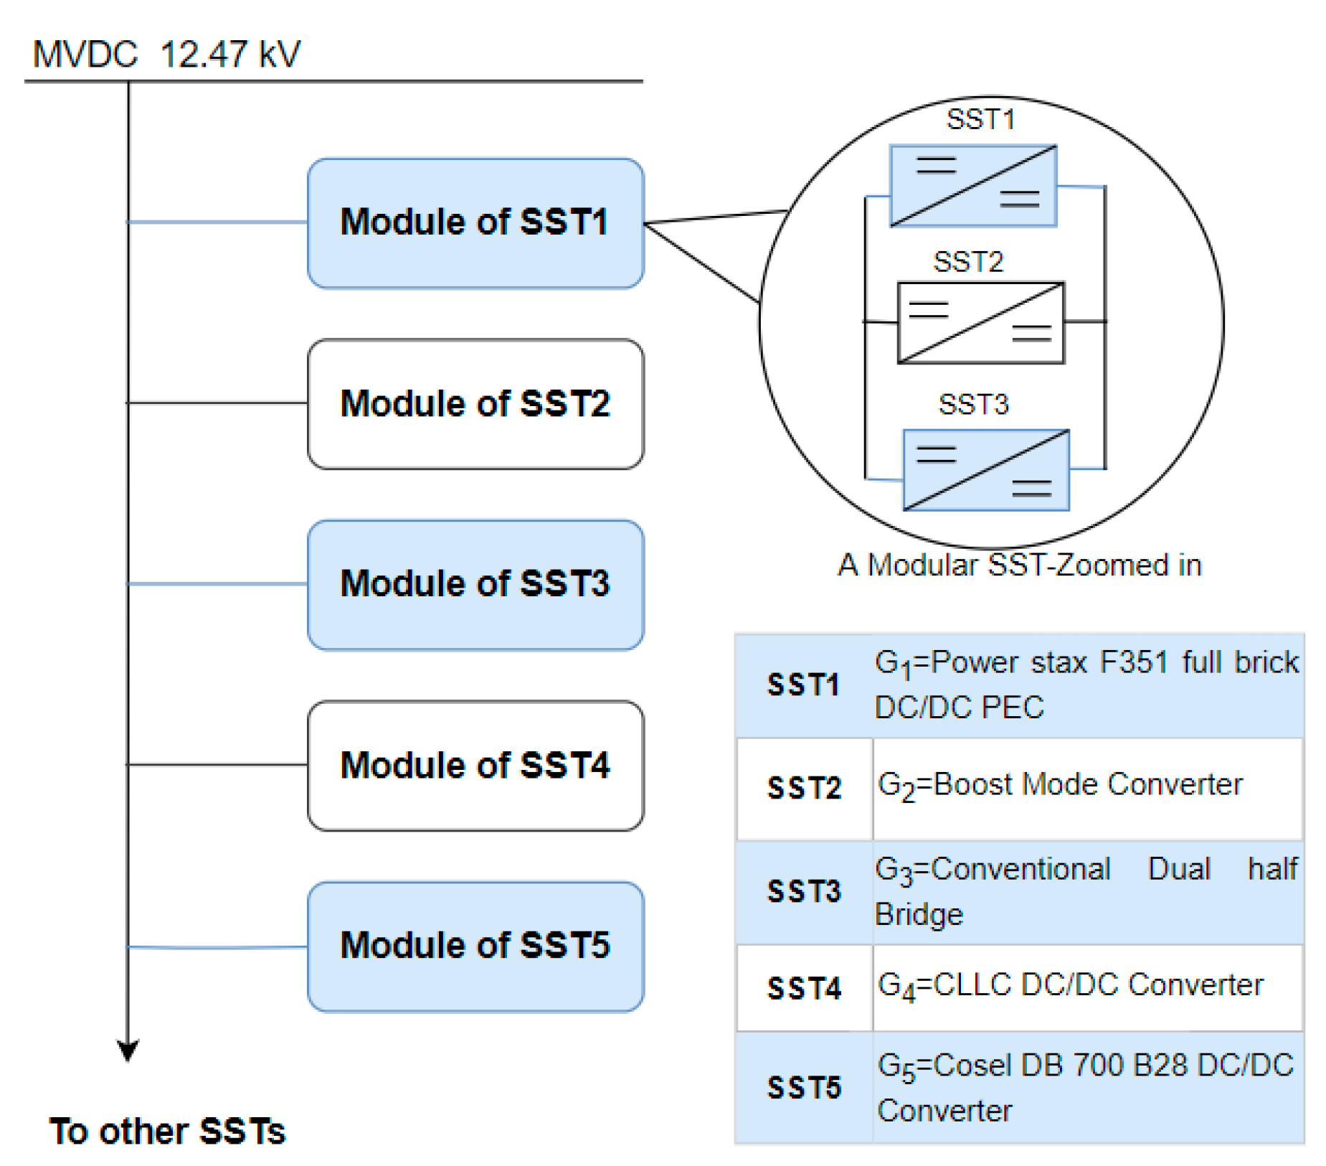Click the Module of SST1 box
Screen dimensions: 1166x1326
[x=475, y=222]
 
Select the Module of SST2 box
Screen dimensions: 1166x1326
[x=475, y=403]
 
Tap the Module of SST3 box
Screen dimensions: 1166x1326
[x=475, y=584]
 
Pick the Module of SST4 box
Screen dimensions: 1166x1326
[x=475, y=765]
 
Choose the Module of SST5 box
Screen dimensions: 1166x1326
[x=475, y=946]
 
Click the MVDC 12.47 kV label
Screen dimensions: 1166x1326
[x=166, y=55]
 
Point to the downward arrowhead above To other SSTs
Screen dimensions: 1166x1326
[x=128, y=1050]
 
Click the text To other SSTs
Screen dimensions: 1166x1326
[x=167, y=1131]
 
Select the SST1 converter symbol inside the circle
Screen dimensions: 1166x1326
[x=972, y=186]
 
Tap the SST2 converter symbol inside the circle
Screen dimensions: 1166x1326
[x=980, y=323]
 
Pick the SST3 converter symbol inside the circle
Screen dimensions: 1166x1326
[x=986, y=469]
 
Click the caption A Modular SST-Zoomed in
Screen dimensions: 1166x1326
[x=1019, y=565]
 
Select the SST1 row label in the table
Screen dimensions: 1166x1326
[x=803, y=685]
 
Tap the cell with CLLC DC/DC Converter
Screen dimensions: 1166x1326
[x=1087, y=987]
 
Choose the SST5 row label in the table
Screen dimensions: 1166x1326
[x=803, y=1088]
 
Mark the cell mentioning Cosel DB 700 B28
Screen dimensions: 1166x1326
[x=1087, y=1088]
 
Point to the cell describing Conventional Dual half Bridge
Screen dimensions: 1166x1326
[x=1087, y=891]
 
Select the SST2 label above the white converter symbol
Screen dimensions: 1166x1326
[x=967, y=262]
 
